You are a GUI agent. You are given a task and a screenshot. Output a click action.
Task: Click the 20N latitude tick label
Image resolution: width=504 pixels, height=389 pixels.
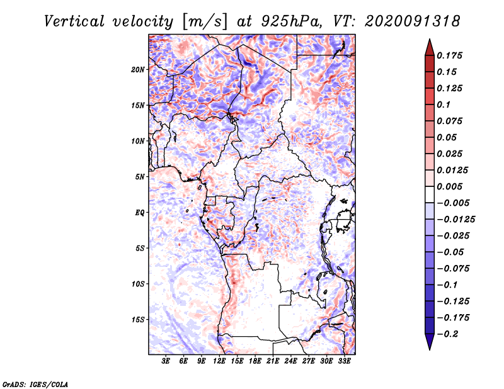tap(138, 69)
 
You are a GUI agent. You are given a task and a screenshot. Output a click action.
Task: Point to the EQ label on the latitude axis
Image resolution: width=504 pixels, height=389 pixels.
tap(140, 213)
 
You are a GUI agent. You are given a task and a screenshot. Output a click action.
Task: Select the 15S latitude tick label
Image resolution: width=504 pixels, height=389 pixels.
tap(138, 320)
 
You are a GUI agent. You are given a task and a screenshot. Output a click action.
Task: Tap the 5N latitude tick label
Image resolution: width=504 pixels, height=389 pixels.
tap(140, 177)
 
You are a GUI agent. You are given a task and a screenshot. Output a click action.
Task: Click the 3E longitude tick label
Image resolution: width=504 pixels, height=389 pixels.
tap(166, 361)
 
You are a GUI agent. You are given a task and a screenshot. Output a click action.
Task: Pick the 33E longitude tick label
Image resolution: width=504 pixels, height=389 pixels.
tap(344, 361)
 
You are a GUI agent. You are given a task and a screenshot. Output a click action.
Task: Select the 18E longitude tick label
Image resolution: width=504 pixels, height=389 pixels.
tap(255, 361)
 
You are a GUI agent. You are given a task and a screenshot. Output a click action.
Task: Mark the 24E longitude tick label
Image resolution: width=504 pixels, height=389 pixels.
tap(290, 361)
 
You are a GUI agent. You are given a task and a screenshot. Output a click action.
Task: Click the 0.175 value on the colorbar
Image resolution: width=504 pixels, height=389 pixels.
tap(451, 55)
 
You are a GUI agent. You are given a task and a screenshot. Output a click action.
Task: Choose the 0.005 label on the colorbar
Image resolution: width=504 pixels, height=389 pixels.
tap(451, 186)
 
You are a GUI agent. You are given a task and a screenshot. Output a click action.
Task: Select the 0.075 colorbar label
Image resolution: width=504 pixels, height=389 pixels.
tap(451, 121)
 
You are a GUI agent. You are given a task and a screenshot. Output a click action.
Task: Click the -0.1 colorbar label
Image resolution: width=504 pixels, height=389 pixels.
tap(451, 285)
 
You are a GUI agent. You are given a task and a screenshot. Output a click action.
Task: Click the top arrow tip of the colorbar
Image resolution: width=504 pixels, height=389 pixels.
tap(429, 40)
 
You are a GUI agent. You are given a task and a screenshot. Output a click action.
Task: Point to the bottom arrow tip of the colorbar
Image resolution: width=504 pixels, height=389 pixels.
tap(429, 349)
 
